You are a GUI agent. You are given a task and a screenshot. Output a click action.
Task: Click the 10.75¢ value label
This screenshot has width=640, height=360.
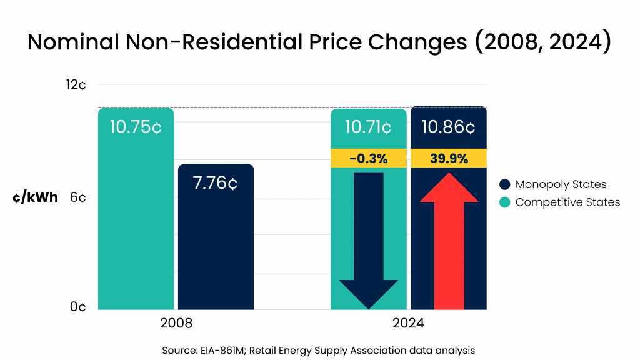coord(136,127)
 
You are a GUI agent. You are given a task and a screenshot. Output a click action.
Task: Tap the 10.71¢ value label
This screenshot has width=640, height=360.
coord(369,127)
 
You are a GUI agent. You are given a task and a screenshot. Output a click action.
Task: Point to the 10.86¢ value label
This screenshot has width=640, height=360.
coord(448,127)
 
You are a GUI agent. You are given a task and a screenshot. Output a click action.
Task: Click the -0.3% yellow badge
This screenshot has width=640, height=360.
coord(369,159)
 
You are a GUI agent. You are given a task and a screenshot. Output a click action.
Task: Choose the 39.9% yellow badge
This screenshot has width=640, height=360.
coord(449,159)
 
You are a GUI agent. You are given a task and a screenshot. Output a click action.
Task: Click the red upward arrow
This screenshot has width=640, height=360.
coord(449,244)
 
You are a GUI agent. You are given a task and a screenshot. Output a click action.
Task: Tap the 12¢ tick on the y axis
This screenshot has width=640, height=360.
coord(77,84)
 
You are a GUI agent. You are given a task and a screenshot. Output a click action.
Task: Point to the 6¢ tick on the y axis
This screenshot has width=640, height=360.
coord(79,197)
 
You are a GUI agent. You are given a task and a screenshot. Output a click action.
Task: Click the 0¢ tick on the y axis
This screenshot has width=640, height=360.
coord(78,307)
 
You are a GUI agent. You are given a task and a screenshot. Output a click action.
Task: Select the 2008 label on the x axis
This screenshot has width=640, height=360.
coord(176,324)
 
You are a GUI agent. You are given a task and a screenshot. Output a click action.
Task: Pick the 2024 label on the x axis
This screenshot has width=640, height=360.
coord(409,324)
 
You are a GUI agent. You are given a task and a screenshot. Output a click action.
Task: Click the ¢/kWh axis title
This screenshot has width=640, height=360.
coord(35,198)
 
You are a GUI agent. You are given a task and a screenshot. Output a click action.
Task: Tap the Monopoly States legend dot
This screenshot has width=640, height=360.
coord(505,184)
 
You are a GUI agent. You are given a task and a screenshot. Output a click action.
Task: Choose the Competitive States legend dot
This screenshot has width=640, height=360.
coord(505,202)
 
